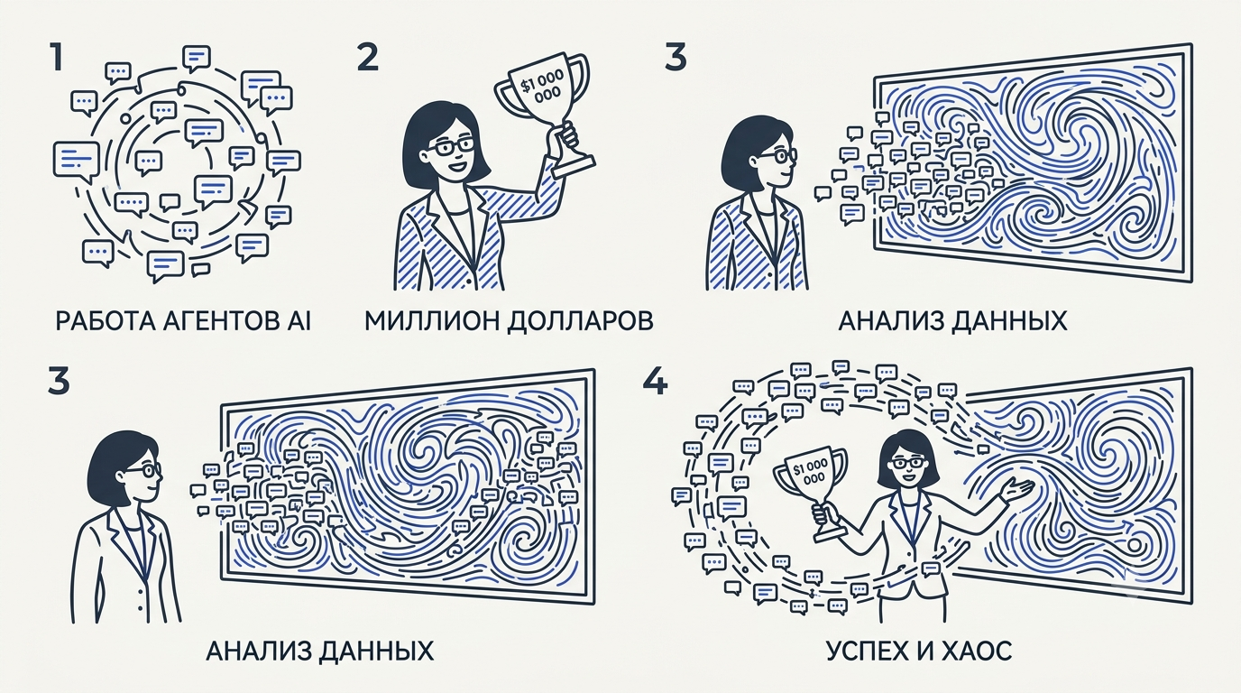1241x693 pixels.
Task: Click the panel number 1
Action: [x=55, y=59]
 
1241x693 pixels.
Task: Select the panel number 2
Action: [x=368, y=59]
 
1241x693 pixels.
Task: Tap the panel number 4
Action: [x=654, y=382]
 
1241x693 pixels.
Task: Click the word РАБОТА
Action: [x=101, y=321]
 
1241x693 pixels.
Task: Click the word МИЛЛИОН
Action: [x=429, y=321]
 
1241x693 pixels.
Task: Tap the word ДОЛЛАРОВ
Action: [x=580, y=321]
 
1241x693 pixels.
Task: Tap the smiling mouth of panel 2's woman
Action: [x=457, y=164]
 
